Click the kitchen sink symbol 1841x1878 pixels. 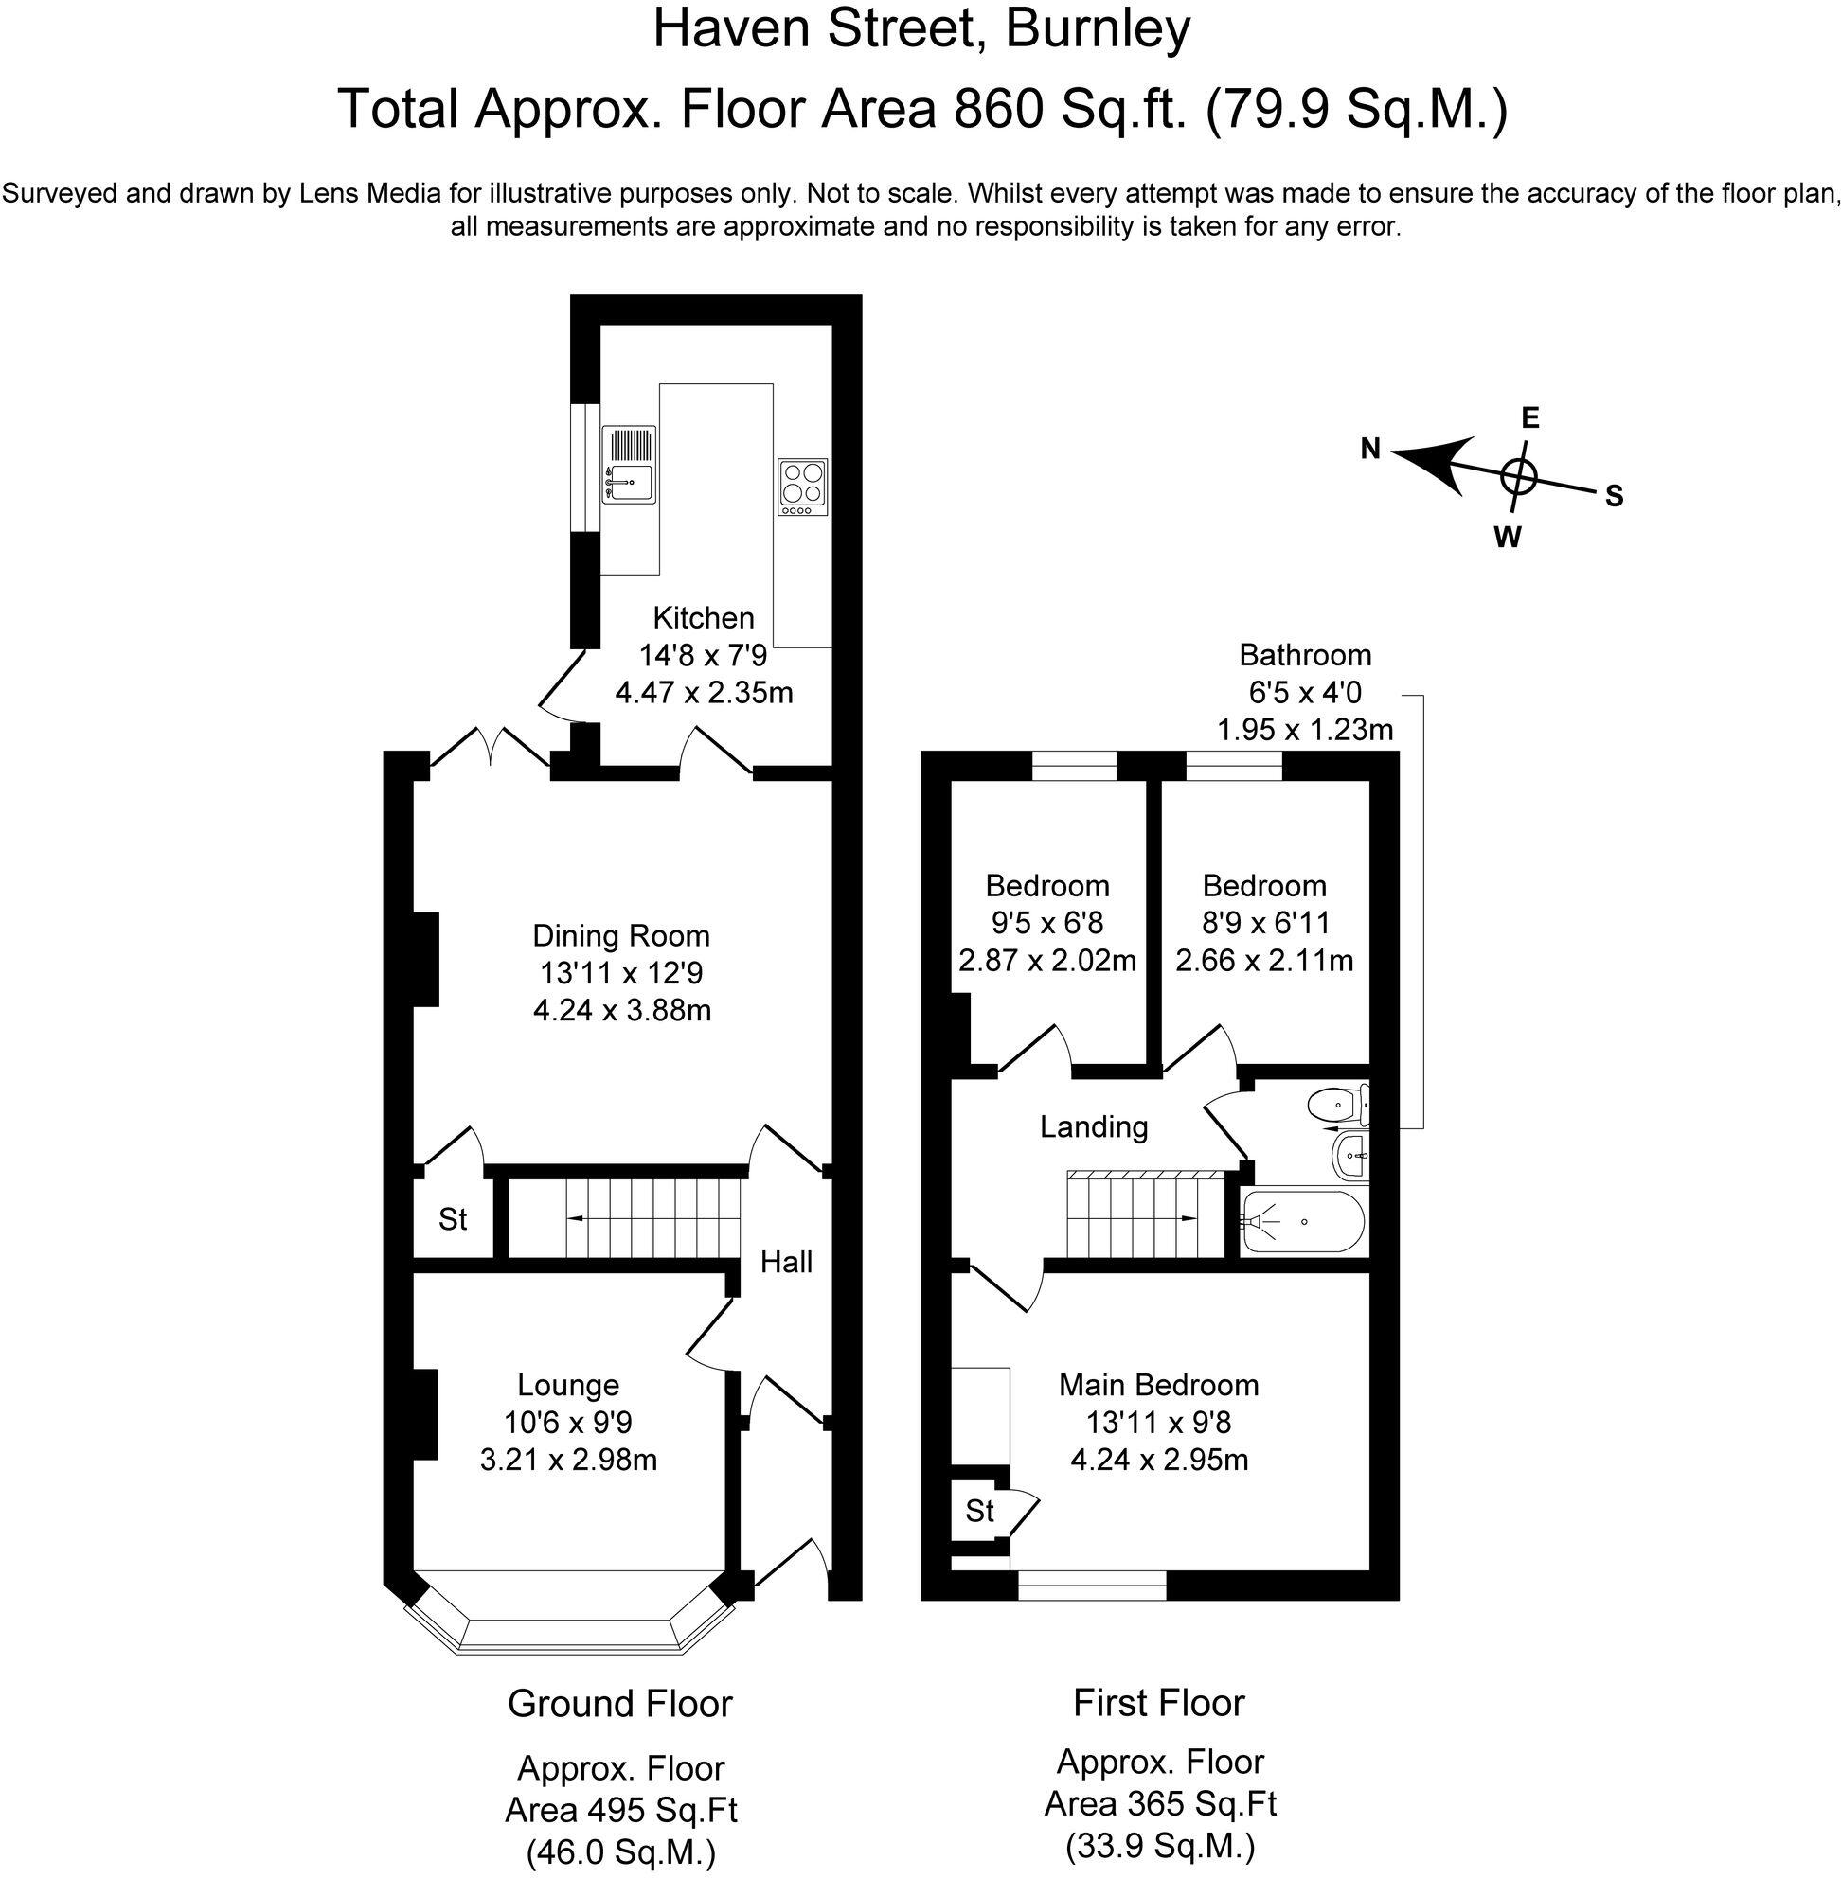tap(629, 464)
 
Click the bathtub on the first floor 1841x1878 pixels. tap(1302, 1222)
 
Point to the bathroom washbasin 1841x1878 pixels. tap(1350, 1155)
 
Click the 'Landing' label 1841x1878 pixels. tap(1094, 1126)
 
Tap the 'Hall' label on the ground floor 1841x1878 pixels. tap(785, 1262)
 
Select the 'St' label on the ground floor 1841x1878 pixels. tap(453, 1220)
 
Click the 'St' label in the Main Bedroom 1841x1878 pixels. tap(978, 1511)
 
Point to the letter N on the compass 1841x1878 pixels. tap(1370, 449)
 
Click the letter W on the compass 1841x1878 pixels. tap(1507, 538)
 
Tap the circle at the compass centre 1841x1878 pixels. tap(1519, 475)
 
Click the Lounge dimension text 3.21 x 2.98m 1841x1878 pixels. tap(568, 1460)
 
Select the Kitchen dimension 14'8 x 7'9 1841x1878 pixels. tap(703, 656)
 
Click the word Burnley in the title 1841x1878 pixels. tap(1098, 29)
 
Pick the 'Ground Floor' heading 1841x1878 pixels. tap(619, 1703)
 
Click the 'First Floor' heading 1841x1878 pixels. tap(1158, 1702)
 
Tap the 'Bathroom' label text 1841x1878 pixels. tap(1304, 655)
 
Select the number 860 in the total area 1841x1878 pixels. tap(1000, 108)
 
